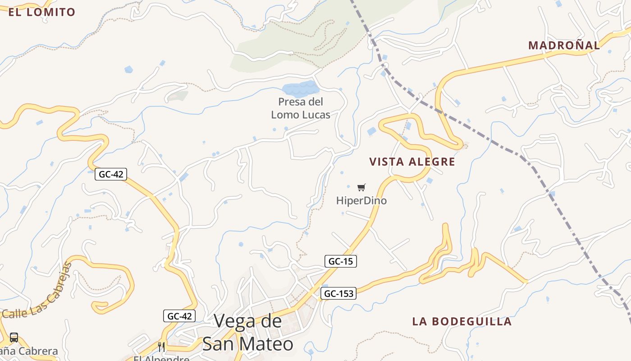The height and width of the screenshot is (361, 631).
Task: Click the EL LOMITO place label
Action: tap(41, 12)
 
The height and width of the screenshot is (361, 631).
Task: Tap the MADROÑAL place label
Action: tap(564, 45)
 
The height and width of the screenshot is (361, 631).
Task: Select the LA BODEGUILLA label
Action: tap(462, 321)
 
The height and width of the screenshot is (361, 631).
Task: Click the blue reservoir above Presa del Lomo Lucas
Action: tap(300, 88)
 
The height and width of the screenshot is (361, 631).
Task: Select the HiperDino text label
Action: tap(361, 200)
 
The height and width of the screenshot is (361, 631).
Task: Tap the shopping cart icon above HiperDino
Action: tap(361, 187)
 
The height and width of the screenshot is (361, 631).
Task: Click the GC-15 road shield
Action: tap(340, 261)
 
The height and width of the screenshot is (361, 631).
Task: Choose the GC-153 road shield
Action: tap(338, 293)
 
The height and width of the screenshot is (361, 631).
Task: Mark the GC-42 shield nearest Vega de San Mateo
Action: tap(179, 316)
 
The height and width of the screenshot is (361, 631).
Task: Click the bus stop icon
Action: tap(14, 337)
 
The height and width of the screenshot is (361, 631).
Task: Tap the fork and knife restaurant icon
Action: tap(161, 347)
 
